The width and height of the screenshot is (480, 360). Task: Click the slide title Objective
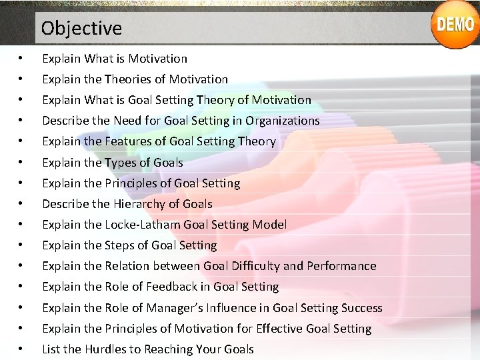tap(81, 29)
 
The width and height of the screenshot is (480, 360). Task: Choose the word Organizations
tap(283, 121)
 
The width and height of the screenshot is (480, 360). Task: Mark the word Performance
tap(341, 266)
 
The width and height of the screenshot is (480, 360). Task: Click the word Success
tap(362, 308)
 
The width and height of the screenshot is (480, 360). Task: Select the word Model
tap(271, 225)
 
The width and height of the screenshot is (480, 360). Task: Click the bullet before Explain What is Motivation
tap(23, 59)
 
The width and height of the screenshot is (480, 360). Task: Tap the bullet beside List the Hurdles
tap(23, 349)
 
